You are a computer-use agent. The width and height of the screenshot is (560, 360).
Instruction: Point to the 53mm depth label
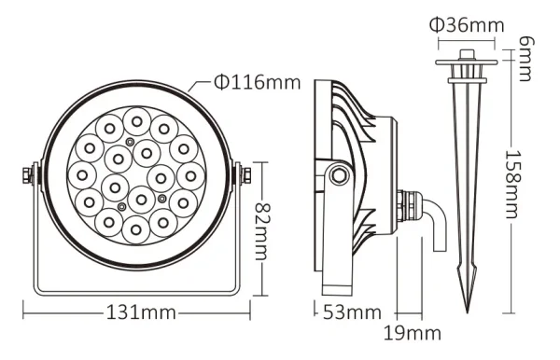click(x=352, y=312)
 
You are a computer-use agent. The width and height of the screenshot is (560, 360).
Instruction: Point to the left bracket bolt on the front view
click(x=28, y=174)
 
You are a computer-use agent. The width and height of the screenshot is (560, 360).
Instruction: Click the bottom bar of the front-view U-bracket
click(x=136, y=289)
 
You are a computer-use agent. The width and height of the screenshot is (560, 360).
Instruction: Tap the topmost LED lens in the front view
click(x=137, y=119)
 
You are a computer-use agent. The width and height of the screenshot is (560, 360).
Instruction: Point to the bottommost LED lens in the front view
click(x=137, y=228)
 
